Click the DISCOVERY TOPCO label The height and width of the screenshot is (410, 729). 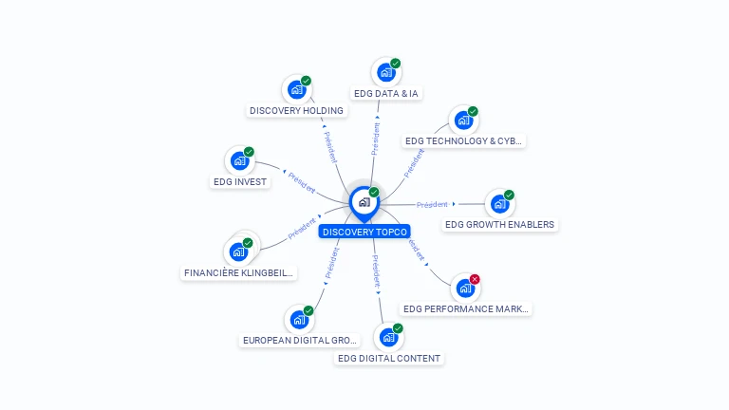click(364, 232)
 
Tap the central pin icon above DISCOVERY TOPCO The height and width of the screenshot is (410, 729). click(364, 202)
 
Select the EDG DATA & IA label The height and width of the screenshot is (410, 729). click(386, 93)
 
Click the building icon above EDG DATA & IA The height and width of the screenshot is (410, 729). click(385, 72)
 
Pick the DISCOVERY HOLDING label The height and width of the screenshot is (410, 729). click(296, 110)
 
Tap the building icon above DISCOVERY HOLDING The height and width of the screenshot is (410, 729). click(296, 90)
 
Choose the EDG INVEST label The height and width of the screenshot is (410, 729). click(240, 181)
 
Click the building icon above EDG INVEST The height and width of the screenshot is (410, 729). click(239, 160)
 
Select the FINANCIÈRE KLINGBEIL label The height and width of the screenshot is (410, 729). click(239, 273)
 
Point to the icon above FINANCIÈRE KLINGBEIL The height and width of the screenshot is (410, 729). click(238, 252)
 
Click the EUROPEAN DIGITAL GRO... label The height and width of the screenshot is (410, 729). click(300, 340)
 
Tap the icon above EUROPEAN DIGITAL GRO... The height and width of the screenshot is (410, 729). click(299, 319)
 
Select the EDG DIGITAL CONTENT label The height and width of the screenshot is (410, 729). click(389, 358)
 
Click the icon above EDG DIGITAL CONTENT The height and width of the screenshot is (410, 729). click(388, 337)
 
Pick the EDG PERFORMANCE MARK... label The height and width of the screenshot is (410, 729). click(466, 308)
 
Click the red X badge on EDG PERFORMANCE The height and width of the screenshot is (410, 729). click(475, 279)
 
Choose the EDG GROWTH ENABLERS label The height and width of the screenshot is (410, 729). click(500, 225)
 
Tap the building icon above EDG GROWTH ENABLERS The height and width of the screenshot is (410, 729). click(499, 204)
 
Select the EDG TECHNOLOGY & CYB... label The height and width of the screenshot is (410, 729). click(463, 140)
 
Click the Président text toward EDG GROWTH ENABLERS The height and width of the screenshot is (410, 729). click(432, 204)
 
